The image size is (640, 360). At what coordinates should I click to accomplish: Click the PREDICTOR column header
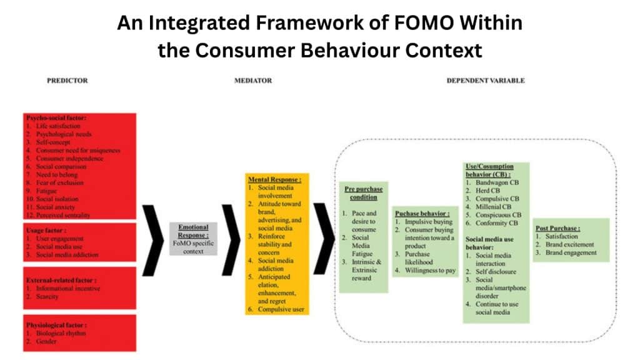pos(67,81)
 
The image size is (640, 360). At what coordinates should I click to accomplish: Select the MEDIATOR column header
pos(253,81)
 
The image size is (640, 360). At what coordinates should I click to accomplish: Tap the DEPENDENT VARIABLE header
pos(486,81)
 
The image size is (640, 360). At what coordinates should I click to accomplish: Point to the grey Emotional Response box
pos(193,238)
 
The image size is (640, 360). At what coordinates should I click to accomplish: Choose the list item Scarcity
pos(48,297)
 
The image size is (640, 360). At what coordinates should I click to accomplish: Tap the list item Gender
pos(47,341)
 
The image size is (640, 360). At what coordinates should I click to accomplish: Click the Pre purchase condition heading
pos(363,193)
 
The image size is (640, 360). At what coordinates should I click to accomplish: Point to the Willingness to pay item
pos(433,271)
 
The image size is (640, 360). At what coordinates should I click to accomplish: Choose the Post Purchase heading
pos(557,229)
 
